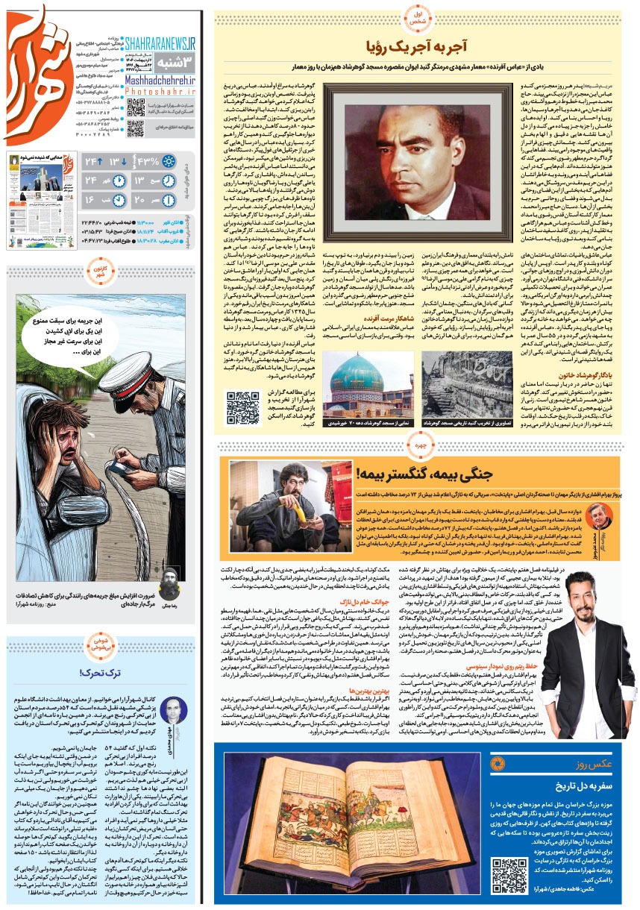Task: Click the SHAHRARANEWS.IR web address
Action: (x=160, y=45)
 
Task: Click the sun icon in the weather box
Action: (x=169, y=162)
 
